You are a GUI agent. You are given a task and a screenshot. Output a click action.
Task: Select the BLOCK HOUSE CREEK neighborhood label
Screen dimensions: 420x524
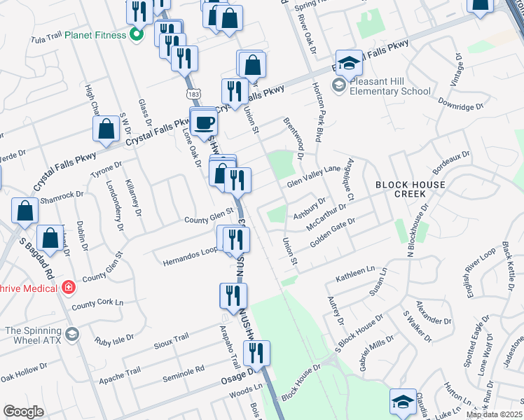point(410,189)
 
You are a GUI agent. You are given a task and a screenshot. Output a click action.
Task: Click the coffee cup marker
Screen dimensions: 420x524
point(205,122)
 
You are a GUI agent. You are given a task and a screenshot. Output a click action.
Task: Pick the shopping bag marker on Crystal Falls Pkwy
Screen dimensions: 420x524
point(106,129)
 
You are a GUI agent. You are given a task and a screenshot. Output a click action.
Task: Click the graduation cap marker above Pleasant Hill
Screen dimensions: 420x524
point(348,64)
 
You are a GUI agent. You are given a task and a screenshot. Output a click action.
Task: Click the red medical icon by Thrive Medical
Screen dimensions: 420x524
point(69,287)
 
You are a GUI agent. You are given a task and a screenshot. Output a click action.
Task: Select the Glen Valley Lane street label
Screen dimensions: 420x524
point(312,176)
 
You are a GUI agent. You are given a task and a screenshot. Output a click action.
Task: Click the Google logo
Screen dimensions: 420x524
point(23,411)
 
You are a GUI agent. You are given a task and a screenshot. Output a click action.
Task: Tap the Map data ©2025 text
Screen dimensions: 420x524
point(495,414)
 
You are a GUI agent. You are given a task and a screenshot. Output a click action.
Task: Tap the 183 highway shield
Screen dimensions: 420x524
point(189,93)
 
